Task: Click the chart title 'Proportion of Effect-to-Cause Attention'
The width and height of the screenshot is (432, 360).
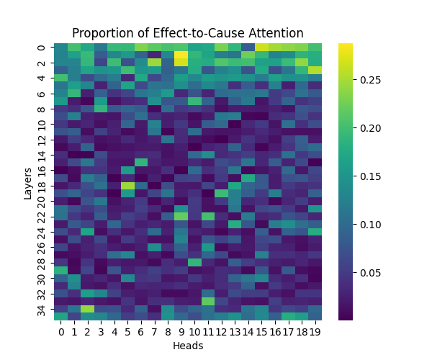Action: point(187,33)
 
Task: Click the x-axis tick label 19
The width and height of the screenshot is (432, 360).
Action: point(315,332)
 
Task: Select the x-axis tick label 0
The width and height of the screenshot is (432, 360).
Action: point(60,332)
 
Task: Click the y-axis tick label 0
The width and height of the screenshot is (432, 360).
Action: point(41,48)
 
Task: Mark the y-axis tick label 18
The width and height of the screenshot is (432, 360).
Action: point(41,185)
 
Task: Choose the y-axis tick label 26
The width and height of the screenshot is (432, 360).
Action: point(41,247)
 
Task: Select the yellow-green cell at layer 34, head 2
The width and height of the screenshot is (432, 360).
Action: point(87,308)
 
